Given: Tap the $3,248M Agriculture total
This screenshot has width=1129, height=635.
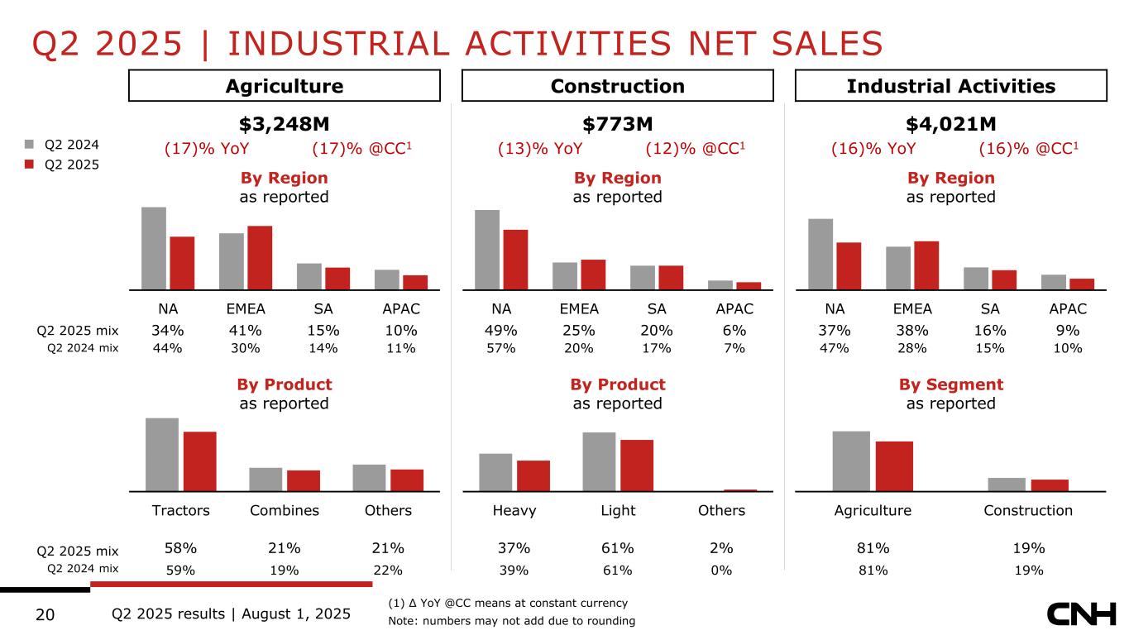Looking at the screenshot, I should click(285, 124).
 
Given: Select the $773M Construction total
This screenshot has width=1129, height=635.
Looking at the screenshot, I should click(618, 124).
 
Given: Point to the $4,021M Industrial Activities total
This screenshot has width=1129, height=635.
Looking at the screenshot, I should click(951, 124).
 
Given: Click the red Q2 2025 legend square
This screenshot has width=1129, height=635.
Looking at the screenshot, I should click(28, 165).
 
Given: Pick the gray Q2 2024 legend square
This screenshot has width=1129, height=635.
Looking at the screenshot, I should click(28, 145).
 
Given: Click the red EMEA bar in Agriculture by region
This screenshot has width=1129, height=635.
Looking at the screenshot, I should click(260, 257).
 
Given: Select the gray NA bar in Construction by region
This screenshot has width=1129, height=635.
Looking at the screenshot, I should click(487, 249).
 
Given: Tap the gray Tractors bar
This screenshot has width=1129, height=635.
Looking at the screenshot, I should click(162, 454).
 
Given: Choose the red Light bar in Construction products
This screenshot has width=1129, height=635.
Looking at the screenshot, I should click(637, 465).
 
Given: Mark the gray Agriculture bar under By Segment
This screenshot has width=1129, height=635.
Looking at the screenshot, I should click(851, 461).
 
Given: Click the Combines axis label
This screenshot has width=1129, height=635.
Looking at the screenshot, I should click(285, 510).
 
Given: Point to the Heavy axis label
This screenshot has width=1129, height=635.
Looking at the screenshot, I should click(515, 510).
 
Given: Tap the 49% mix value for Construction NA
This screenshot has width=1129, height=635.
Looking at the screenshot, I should click(501, 331).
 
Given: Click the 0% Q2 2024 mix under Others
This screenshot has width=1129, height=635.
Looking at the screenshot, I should click(721, 570).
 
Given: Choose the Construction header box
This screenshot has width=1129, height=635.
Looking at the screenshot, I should click(617, 86).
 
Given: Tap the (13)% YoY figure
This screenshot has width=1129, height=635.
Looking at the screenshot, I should click(540, 149).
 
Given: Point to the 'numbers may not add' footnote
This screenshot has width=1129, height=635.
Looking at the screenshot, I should click(511, 621).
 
